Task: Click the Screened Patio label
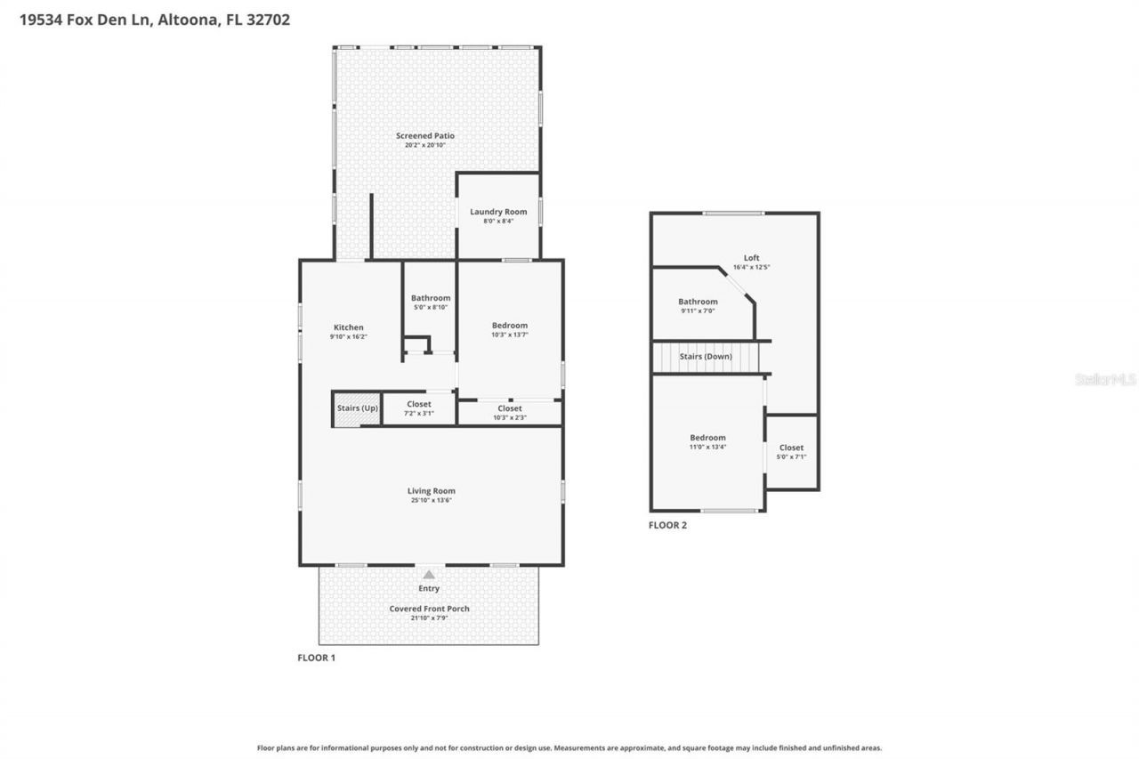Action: pyautogui.click(x=424, y=136)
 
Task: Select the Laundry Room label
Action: pyautogui.click(x=498, y=212)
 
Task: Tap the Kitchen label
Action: pyautogui.click(x=348, y=327)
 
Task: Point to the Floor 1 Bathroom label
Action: pyautogui.click(x=430, y=298)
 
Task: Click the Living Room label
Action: pyautogui.click(x=431, y=490)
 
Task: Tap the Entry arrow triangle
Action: pyautogui.click(x=429, y=575)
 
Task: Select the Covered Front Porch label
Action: pyautogui.click(x=429, y=609)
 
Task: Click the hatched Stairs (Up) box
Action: pyautogui.click(x=357, y=408)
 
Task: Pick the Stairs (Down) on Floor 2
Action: pyautogui.click(x=706, y=357)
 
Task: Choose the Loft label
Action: pyautogui.click(x=752, y=258)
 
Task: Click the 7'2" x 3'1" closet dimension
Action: pyautogui.click(x=418, y=413)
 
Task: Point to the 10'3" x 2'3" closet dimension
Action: pyautogui.click(x=510, y=417)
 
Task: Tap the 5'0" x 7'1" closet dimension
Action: pyautogui.click(x=791, y=457)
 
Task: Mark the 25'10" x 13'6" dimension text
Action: pyautogui.click(x=431, y=500)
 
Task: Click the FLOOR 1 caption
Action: pyautogui.click(x=316, y=658)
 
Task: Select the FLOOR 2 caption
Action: pyautogui.click(x=667, y=525)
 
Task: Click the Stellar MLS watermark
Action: pyautogui.click(x=1105, y=379)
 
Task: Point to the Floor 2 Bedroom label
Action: pyautogui.click(x=707, y=438)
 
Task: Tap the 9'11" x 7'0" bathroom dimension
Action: pyautogui.click(x=698, y=311)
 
